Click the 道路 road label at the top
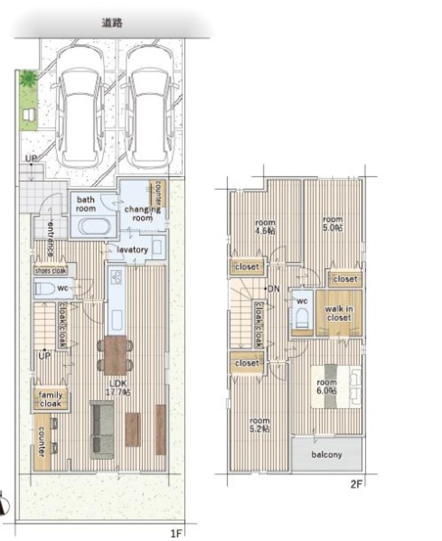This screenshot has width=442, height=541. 112,23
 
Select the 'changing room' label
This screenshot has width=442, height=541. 142,214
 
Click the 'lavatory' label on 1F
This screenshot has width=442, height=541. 132,250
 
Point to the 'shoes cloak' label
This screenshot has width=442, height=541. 50,271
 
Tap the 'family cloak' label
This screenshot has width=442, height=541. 50,399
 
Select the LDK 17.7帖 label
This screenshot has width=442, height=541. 118,388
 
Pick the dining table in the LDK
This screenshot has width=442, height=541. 115,356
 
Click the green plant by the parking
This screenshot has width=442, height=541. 29,78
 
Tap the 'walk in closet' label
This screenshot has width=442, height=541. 339,313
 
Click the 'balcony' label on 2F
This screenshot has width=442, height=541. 327,455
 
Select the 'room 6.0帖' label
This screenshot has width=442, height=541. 327,386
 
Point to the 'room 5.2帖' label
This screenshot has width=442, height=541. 259,425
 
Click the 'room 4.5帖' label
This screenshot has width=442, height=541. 265,227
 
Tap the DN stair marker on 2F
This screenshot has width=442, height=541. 273,289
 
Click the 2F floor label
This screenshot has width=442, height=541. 356,484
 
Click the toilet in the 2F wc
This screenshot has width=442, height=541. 302,318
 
